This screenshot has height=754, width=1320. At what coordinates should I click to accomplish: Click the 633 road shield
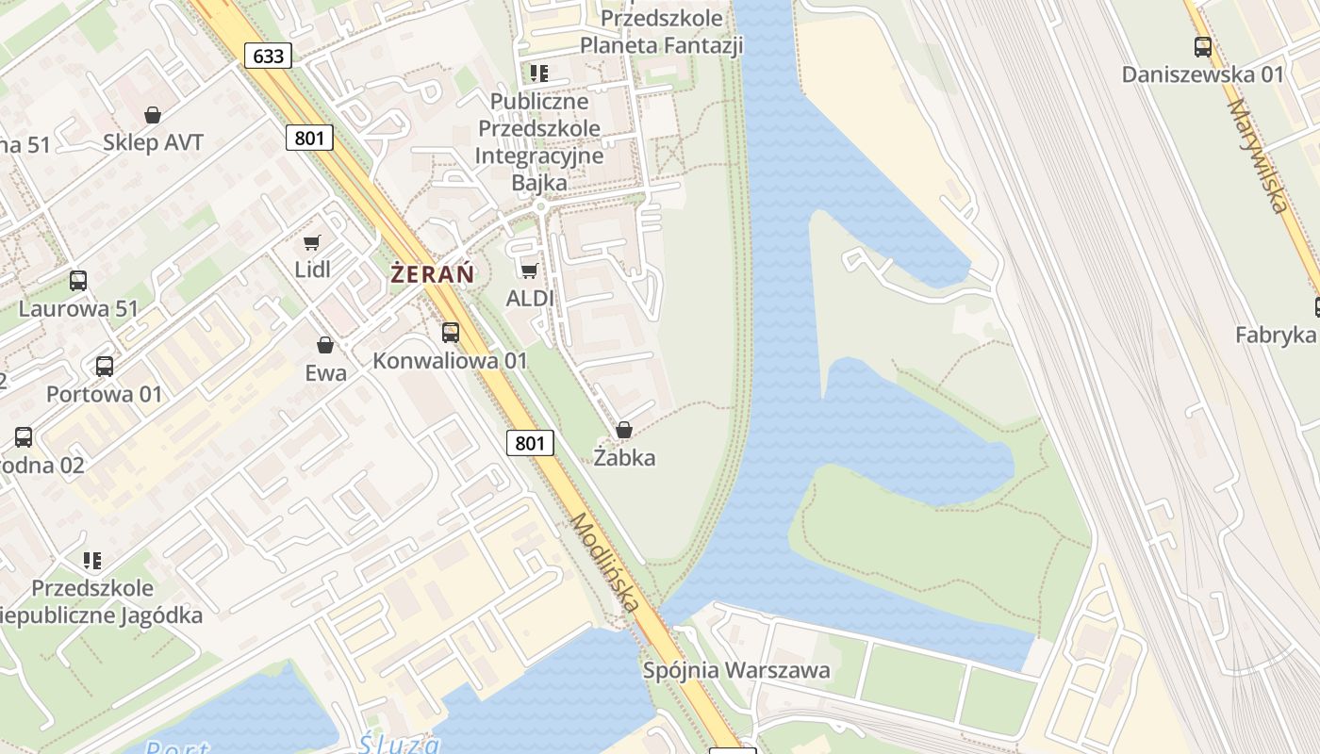269,56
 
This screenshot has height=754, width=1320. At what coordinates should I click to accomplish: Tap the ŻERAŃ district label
432,274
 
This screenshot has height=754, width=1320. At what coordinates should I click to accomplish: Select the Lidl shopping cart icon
312,242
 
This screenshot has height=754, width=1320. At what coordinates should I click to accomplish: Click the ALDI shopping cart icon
530,271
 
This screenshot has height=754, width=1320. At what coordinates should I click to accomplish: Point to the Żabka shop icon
623,430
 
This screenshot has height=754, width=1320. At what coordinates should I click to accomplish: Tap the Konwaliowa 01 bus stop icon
451,332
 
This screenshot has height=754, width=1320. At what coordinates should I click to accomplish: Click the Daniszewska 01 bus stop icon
1202,46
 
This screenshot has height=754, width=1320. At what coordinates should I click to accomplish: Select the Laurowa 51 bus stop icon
78,280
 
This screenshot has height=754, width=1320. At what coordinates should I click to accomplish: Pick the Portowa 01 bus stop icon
105,366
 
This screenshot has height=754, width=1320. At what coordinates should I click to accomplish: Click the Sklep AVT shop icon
153,115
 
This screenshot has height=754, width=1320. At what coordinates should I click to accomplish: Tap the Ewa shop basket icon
325,345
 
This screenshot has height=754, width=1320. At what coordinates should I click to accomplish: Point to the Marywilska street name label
1258,156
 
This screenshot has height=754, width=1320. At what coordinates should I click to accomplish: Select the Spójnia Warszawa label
736,670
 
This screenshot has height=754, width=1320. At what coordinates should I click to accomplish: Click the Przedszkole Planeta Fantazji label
661,31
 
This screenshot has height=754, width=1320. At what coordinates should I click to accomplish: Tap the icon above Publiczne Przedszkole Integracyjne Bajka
539,73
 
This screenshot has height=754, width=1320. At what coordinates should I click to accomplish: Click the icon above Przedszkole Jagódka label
92,561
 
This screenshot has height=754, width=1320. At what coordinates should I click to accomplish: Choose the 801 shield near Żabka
530,442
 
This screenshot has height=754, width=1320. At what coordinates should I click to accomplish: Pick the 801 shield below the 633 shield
309,139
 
